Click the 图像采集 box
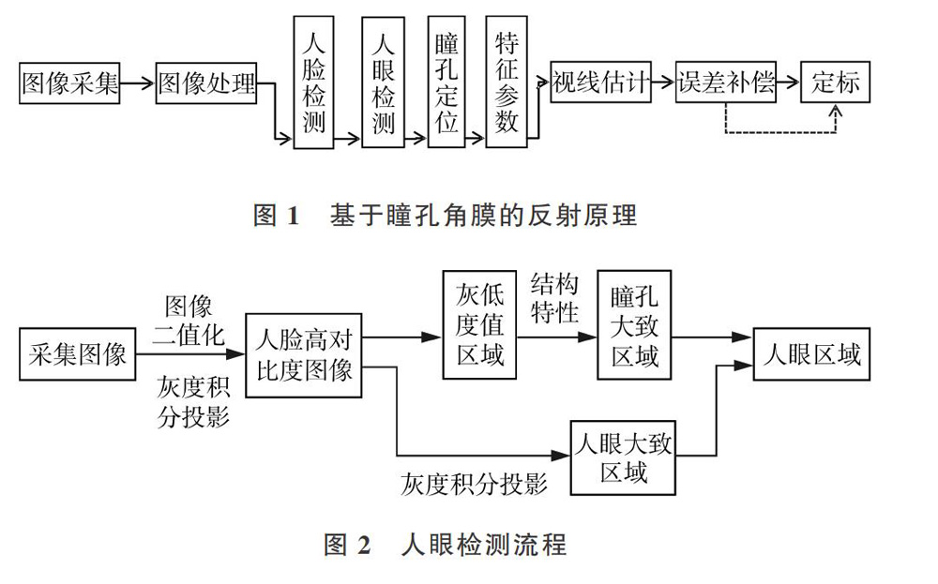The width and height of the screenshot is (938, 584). point(69,83)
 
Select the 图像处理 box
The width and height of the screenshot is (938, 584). point(206,83)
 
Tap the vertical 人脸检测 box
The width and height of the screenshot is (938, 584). point(313,82)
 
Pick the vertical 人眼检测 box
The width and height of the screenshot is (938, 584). point(383,82)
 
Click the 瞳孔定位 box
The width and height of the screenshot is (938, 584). point(446,82)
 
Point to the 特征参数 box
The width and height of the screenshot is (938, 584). point(507,82)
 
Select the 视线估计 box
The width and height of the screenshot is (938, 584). point(600,82)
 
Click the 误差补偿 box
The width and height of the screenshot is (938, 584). point(726,82)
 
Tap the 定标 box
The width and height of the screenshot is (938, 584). point(835,82)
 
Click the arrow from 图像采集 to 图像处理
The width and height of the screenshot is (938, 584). point(138,83)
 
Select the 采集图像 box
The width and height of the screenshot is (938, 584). point(77,353)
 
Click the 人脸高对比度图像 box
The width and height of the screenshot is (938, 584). point(304,355)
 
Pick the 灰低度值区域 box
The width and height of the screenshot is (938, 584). point(479,324)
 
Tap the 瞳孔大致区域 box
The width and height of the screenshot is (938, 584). point(634,324)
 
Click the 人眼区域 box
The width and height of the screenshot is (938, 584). point(811,353)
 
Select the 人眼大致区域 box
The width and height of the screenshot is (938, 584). point(623,457)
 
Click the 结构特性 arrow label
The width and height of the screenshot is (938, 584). point(554,298)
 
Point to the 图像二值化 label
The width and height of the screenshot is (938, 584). point(189,321)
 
